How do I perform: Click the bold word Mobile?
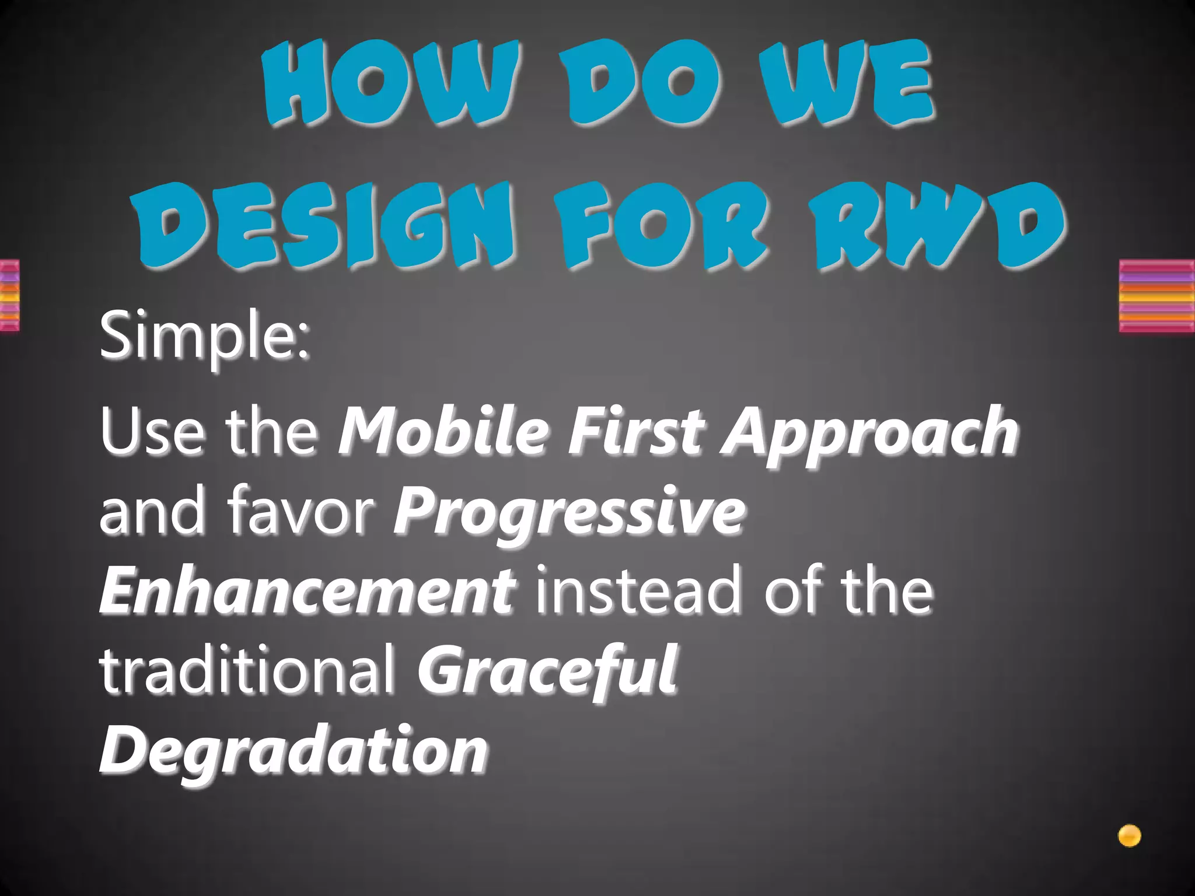point(443,432)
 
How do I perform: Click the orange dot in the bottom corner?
point(1129,836)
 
